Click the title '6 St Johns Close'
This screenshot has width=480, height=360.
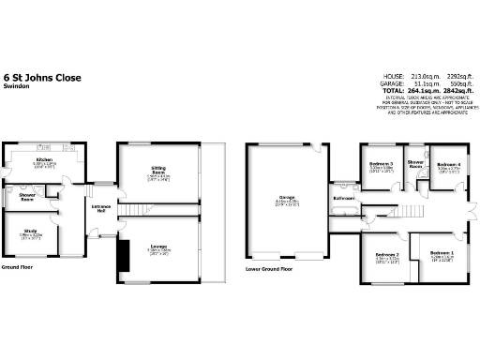click(41, 77)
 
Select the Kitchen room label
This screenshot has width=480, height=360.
click(43, 160)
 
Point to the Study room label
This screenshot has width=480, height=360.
click(31, 230)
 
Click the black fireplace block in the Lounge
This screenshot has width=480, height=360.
click(121, 260)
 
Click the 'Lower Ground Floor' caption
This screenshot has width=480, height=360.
click(268, 268)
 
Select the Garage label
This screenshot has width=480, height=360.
click(287, 198)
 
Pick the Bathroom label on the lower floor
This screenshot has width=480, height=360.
click(344, 199)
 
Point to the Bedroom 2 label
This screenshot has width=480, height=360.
click(387, 255)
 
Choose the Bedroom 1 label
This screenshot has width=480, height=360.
click(442, 253)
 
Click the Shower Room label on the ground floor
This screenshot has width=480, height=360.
click(27, 198)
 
